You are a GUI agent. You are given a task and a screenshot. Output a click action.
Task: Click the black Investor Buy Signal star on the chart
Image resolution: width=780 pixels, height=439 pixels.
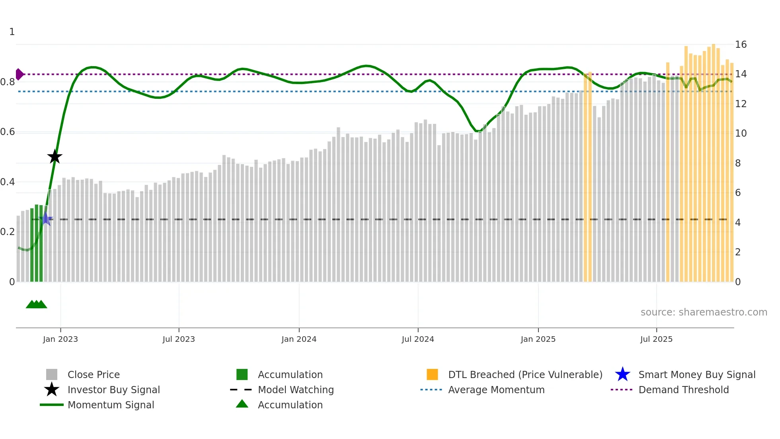click(55, 157)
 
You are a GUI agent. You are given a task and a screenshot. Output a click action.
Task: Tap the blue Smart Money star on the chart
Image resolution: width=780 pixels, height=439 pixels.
click(46, 219)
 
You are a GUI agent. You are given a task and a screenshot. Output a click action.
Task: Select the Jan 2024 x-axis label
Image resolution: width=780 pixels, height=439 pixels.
click(299, 339)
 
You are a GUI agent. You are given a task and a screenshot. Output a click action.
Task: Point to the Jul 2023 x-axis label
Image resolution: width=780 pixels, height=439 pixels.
click(179, 339)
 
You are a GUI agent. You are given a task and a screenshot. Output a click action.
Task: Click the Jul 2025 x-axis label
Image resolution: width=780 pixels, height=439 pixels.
click(656, 339)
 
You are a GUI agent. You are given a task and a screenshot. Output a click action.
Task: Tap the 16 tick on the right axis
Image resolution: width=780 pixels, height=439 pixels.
click(741, 45)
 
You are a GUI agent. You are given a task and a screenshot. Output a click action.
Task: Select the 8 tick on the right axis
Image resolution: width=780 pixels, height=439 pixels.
click(738, 163)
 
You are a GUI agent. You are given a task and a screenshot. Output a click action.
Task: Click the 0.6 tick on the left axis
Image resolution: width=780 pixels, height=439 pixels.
click(8, 132)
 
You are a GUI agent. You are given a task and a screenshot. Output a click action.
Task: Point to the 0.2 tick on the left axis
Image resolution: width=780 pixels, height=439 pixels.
click(8, 232)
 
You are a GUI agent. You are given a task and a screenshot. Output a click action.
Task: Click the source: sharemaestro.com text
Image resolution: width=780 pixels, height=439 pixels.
click(704, 312)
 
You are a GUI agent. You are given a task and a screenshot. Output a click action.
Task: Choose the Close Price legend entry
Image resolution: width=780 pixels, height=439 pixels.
click(94, 374)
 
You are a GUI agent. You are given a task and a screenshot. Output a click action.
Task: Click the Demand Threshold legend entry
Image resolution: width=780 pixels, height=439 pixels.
click(683, 390)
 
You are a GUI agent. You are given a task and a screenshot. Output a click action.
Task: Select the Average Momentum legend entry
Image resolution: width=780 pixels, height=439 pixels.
click(496, 390)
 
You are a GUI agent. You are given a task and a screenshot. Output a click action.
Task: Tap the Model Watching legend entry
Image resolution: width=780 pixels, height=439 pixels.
click(295, 390)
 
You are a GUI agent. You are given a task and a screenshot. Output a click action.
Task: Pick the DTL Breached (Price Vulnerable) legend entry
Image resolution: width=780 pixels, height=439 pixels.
click(525, 374)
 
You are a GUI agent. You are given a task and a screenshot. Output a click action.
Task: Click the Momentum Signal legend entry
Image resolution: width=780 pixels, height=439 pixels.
click(111, 405)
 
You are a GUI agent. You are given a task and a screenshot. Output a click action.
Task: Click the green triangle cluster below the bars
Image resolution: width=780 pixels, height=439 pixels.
click(36, 304)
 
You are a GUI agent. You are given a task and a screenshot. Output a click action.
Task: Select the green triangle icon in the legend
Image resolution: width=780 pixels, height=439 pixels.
click(242, 404)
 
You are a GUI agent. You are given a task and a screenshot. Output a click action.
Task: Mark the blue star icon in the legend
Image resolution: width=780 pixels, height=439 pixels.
click(622, 374)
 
